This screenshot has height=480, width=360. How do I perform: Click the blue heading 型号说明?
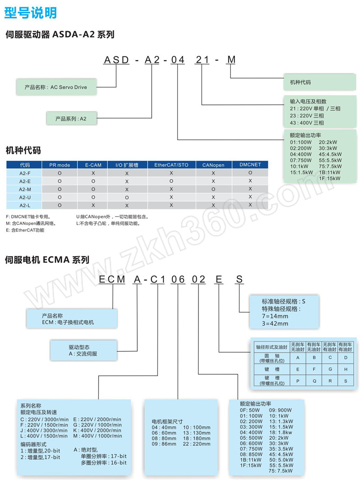30,13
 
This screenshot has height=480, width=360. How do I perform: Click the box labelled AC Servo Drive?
56,87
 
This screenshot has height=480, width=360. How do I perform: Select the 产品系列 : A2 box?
71,118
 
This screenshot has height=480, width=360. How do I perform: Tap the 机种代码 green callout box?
319,82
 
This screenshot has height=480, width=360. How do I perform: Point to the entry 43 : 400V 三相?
307,123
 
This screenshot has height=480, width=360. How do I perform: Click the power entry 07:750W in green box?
301,160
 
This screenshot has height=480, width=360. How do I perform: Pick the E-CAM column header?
93,165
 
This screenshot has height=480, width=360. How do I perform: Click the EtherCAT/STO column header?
171,165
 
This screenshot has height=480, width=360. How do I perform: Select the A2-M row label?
25,189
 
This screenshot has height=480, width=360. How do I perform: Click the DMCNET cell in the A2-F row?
250,172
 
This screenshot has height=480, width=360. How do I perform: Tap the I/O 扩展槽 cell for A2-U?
127,198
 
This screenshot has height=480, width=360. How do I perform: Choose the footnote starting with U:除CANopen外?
112,217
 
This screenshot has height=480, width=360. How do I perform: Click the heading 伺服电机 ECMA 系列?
47,260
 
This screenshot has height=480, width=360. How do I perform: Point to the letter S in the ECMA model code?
239,279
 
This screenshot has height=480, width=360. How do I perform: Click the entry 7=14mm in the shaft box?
274,316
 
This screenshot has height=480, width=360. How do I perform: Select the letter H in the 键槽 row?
346,369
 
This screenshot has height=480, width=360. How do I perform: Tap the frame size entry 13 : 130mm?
197,433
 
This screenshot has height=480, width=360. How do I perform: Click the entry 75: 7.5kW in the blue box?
280,471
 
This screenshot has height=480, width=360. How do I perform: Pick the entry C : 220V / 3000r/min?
45,419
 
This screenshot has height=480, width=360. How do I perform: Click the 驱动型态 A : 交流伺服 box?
84,350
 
